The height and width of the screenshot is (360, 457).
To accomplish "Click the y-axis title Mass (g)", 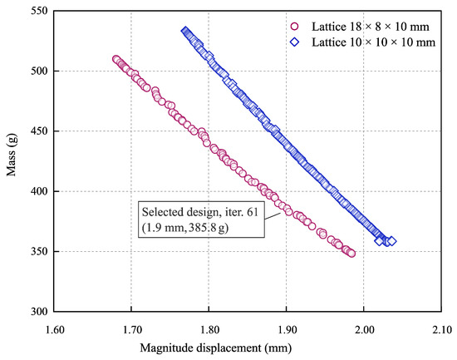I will pyautogui.click(x=11, y=161).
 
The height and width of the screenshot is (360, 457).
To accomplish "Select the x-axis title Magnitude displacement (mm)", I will pyautogui.click(x=248, y=347).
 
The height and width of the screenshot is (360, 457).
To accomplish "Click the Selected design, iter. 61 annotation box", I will pyautogui.click(x=199, y=219).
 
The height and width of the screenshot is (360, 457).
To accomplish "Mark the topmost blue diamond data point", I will pyautogui.click(x=186, y=32).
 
